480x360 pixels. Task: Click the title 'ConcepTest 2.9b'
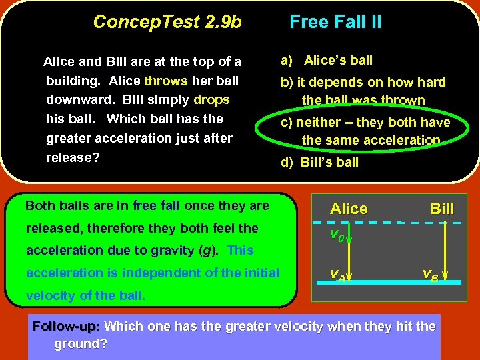(167, 22)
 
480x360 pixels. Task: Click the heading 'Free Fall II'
(335, 22)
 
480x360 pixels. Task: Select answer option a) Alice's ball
(327, 61)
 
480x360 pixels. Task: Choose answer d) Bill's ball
(320, 162)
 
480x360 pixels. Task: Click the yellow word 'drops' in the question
(211, 100)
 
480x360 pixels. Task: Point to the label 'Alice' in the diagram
(349, 209)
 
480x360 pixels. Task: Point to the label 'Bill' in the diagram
(442, 209)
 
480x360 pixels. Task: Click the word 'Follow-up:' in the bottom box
(66, 327)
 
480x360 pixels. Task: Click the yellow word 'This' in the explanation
(240, 251)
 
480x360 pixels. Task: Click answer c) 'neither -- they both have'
(373, 123)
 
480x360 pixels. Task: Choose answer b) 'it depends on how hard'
(363, 83)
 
